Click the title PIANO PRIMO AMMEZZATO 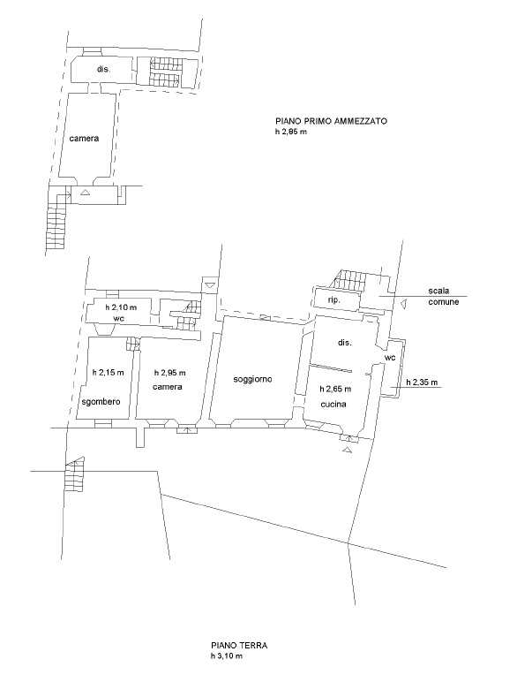331,121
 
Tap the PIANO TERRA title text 239,646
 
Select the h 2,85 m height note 290,132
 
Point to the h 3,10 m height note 227,656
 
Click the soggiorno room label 252,379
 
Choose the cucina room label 333,404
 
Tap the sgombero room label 101,402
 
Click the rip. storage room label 333,300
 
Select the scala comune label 444,297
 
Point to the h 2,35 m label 422,382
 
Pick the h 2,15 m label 108,373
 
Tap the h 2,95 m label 170,373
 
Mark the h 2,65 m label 335,389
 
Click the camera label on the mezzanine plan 84,138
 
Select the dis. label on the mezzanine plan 103,69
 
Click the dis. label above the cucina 345,343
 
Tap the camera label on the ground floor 168,387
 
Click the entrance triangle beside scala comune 403,304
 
